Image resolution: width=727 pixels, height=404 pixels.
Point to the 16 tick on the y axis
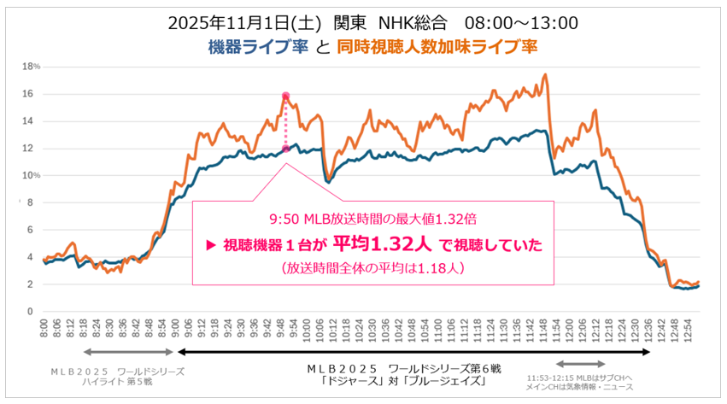pyautogui.click(x=28, y=94)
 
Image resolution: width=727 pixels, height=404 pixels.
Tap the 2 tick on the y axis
pyautogui.click(x=30, y=284)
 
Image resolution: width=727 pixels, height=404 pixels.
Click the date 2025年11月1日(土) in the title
pyautogui.click(x=232, y=21)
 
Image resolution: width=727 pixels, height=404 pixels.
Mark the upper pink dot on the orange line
pyautogui.click(x=285, y=96)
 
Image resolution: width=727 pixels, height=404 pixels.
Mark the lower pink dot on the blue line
pyautogui.click(x=285, y=149)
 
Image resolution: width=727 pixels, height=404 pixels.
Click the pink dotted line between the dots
pyautogui.click(x=285, y=123)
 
